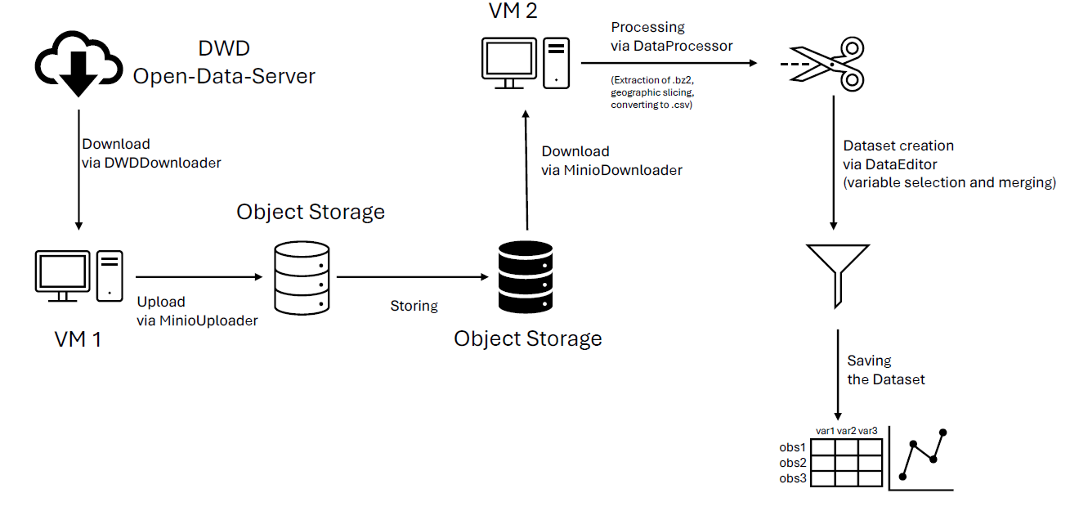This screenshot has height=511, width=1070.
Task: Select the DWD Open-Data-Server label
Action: click(x=223, y=64)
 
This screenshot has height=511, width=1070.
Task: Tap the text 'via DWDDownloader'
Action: click(x=151, y=163)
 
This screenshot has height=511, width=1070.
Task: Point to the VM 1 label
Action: click(x=78, y=338)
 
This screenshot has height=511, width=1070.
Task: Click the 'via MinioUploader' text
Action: click(x=197, y=320)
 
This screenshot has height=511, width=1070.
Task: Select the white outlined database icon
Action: click(x=302, y=279)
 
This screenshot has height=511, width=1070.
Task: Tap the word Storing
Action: click(x=414, y=306)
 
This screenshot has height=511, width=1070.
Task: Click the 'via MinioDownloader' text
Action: click(x=611, y=170)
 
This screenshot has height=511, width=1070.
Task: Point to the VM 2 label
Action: click(x=513, y=11)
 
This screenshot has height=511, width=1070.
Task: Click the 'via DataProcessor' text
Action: click(x=672, y=46)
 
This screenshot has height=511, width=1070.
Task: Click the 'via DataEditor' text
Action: click(x=890, y=164)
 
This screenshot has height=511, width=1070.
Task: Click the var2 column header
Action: click(x=847, y=431)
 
